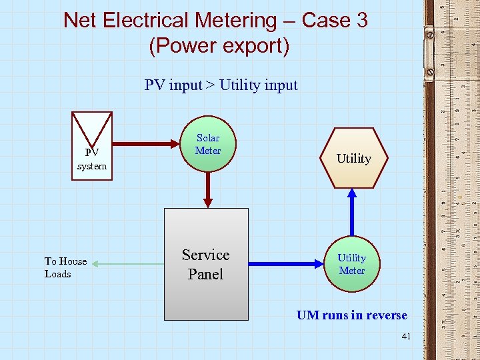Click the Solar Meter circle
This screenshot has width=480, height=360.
pos(208,144)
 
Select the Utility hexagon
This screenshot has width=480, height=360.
pos(353,158)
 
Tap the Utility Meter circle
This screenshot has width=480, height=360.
pos(352,264)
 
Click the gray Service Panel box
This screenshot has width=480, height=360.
pos(207,264)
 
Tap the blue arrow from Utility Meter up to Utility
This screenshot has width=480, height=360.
pos(352,212)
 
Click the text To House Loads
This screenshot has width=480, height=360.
pos(65,267)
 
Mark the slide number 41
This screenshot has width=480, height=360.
pos(406,337)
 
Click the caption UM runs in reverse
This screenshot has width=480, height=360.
pos(351,315)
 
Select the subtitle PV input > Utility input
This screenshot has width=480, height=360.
pos(221,85)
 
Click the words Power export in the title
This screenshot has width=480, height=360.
pos(219,47)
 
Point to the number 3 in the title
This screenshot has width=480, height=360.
pos(362,21)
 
